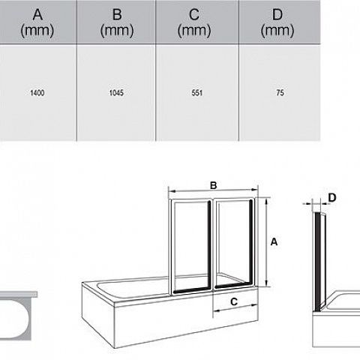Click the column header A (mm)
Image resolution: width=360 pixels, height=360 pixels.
point(37,22)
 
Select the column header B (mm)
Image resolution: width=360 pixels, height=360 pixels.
point(117,22)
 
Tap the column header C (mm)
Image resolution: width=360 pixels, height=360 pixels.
point(194,22)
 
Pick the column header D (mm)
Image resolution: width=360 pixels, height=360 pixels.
point(277,22)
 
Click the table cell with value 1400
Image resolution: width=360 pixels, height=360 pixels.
point(37,93)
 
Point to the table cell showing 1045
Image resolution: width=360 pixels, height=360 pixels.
point(116,93)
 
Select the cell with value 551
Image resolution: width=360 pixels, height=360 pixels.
point(197,93)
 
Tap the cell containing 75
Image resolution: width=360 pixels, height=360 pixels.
point(280,93)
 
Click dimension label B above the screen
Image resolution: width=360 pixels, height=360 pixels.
point(214,185)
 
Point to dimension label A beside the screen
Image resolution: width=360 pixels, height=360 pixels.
point(274,242)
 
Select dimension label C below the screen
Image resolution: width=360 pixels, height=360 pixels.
point(234,301)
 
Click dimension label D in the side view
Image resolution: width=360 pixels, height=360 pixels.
point(332,198)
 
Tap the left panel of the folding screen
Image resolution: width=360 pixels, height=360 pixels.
point(191,246)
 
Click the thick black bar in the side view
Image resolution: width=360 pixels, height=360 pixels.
point(318,262)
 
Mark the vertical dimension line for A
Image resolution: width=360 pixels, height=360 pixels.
point(266,242)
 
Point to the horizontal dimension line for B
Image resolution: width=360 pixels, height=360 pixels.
point(213,191)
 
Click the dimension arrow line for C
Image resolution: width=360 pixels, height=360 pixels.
point(235,307)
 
